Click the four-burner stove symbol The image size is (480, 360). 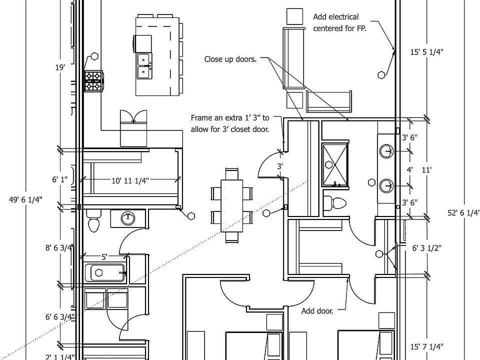click(93, 81)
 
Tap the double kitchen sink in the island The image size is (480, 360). click(145, 65)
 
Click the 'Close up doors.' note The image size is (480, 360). click(230, 59)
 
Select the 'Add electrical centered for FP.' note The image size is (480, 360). click(339, 23)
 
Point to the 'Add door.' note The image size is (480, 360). click(317, 311)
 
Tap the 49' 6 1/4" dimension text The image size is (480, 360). click(25, 199)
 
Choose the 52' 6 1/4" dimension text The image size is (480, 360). click(463, 212)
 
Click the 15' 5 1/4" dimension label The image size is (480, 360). click(427, 51)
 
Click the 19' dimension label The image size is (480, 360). click(60, 66)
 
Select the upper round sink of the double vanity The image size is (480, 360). click(387, 150)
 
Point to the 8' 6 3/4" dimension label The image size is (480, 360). click(59, 247)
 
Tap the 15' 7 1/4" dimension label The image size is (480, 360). click(426, 346)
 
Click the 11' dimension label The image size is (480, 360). click(426, 170)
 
